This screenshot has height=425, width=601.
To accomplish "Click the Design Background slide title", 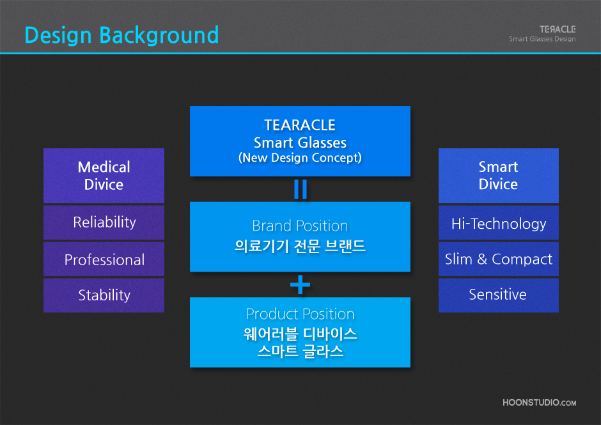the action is [121, 35].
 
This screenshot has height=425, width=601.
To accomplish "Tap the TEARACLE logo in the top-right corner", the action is [558, 29].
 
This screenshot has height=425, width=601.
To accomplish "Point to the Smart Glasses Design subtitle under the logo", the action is [542, 39].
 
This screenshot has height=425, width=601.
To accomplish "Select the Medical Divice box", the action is [104, 176].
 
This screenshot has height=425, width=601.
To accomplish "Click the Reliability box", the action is [104, 222].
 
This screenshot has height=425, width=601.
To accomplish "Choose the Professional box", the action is [104, 259].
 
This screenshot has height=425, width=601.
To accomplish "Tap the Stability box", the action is [104, 295].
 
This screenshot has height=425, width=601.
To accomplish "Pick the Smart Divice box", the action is [498, 176].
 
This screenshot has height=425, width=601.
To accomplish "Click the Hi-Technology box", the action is [498, 222].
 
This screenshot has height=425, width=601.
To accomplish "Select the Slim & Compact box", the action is [498, 259].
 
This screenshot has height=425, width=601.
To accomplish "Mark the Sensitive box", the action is [498, 295].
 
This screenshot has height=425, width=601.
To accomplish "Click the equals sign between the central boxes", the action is [300, 189].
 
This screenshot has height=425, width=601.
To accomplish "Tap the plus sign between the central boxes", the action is [300, 285].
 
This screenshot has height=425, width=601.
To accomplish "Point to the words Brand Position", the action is [300, 226].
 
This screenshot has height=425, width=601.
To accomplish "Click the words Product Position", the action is [300, 314].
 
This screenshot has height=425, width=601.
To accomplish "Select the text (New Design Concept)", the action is [300, 158].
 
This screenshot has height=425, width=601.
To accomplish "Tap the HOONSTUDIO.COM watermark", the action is [539, 403].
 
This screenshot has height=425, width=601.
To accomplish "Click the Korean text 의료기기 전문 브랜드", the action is [300, 245].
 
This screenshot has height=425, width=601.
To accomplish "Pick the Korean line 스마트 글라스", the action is [300, 351].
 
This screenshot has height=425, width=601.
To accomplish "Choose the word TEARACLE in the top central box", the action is [300, 125].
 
